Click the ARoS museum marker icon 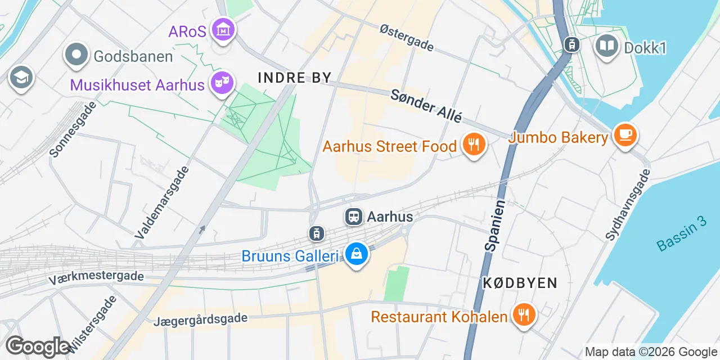pyautogui.click(x=222, y=30)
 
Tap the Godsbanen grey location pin pyautogui.click(x=77, y=55)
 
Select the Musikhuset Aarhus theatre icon pyautogui.click(x=222, y=84)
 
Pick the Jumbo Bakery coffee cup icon pyautogui.click(x=625, y=136)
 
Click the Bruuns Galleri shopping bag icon pyautogui.click(x=356, y=255)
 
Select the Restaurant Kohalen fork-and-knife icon pyautogui.click(x=524, y=315)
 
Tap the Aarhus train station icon pyautogui.click(x=354, y=217)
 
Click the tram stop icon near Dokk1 pyautogui.click(x=572, y=44)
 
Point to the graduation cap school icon pyautogui.click(x=21, y=78)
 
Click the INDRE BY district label pyautogui.click(x=295, y=78)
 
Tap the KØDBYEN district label pyautogui.click(x=520, y=283)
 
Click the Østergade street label pyautogui.click(x=407, y=38)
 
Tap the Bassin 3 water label pyautogui.click(x=681, y=234)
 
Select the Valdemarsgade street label pyautogui.click(x=160, y=201)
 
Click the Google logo pyautogui.click(x=38, y=346)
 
